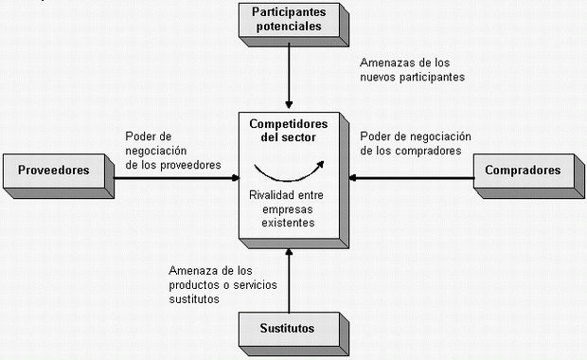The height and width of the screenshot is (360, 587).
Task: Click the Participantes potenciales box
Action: [293, 25]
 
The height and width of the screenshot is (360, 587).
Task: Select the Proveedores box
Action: [59, 175]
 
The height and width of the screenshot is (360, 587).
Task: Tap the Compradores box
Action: [528, 175]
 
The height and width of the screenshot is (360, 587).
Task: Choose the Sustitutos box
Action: [293, 333]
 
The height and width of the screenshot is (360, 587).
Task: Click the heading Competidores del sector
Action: [288, 131]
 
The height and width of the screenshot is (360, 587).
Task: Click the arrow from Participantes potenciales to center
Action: [289, 76]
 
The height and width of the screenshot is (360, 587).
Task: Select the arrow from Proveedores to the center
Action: [176, 177]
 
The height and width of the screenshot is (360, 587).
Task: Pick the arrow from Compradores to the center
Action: [412, 177]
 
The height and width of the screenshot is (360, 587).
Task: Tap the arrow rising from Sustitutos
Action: [289, 280]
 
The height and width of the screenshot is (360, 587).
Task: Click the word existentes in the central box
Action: [288, 223]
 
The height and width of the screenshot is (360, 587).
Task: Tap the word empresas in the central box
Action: [288, 209]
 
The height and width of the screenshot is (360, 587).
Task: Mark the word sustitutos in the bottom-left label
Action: [194, 299]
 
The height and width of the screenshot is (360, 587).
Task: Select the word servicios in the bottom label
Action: [255, 285]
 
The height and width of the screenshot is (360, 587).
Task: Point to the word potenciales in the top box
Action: [289, 27]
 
